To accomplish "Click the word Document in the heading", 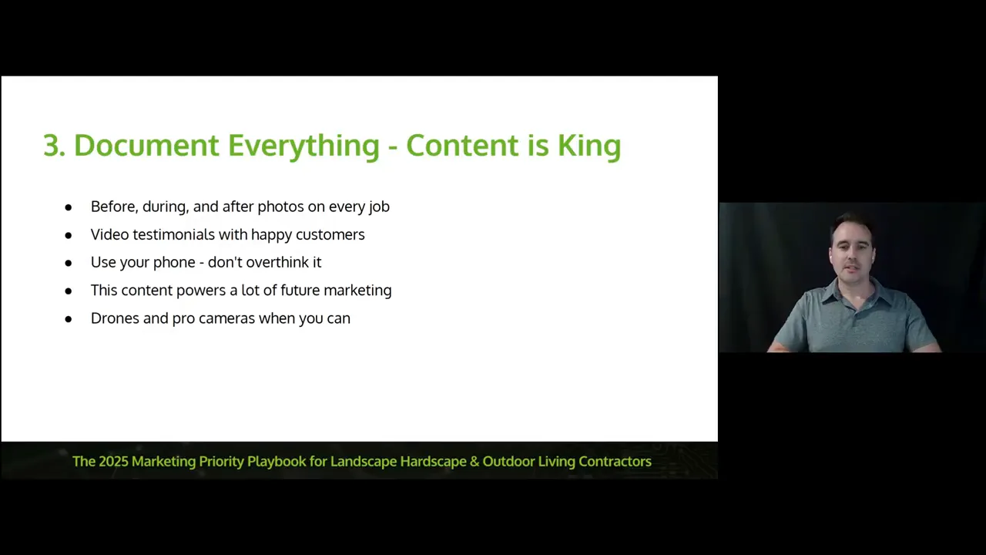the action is [x=146, y=145].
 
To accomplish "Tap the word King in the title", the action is [x=589, y=146].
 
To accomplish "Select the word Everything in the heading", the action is [x=304, y=146].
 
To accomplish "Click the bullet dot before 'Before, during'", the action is [x=69, y=207].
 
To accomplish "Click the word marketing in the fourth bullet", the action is [x=357, y=291].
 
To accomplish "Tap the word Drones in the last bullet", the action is [x=115, y=318].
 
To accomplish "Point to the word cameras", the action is [x=226, y=319].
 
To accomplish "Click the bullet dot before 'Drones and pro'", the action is [x=69, y=319].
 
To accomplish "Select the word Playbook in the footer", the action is [x=277, y=462].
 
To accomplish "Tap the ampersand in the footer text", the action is [x=475, y=461].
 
